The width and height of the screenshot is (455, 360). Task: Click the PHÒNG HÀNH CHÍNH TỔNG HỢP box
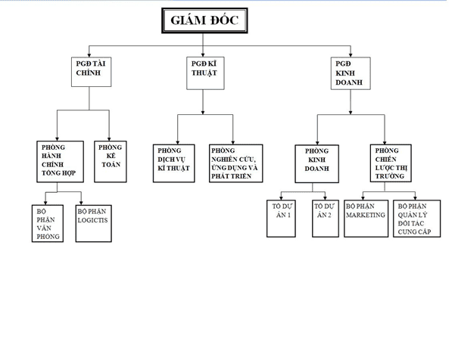59,160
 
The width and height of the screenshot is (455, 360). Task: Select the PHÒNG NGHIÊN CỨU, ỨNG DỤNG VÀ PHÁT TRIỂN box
236,163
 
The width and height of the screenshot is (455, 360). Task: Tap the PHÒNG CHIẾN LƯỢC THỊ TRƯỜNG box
391,163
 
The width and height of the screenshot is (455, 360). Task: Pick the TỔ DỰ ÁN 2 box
324,219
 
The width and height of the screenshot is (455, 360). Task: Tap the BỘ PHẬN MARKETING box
366,219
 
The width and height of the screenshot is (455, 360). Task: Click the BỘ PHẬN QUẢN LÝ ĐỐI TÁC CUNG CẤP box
416,219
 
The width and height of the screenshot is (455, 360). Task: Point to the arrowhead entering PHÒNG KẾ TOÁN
109,137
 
